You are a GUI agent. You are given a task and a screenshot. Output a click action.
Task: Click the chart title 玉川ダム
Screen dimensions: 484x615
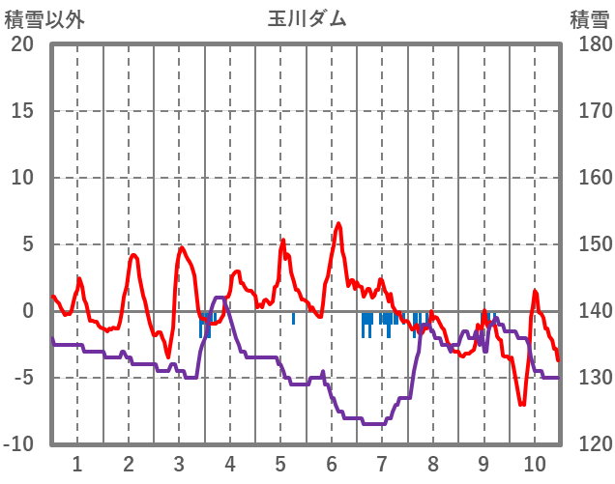[307, 18]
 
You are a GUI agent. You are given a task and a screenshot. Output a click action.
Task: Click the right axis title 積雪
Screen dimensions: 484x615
[589, 18]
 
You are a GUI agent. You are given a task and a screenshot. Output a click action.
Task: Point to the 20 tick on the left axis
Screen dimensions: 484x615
[22, 44]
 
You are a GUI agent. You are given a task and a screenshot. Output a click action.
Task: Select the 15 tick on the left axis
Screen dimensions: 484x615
[22, 111]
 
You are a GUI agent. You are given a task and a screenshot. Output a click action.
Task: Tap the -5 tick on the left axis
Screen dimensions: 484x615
[22, 378]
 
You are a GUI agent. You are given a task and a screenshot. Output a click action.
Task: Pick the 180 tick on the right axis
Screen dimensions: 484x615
[590, 44]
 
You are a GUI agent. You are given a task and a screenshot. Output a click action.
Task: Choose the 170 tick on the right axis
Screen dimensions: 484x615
[590, 111]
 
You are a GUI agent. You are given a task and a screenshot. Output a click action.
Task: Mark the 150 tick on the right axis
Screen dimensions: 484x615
[590, 244]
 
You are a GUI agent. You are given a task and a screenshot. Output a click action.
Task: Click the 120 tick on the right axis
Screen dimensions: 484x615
[590, 444]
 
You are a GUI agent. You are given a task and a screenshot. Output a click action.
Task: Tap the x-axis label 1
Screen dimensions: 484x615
[76, 462]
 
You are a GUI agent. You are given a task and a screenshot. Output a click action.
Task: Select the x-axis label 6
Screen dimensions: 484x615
[331, 462]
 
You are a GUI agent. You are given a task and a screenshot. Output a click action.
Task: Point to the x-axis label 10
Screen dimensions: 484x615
[535, 462]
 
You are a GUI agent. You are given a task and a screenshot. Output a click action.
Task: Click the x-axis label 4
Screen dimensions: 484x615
[229, 462]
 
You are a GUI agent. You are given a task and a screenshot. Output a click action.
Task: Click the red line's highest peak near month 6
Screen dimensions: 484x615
[338, 224]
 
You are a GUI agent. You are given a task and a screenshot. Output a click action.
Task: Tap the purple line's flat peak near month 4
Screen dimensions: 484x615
[220, 298]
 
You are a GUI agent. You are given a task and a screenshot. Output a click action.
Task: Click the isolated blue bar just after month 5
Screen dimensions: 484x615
[293, 318]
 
